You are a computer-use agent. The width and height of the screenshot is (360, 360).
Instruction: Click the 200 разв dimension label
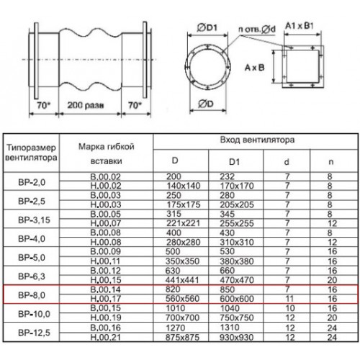coord(86,105)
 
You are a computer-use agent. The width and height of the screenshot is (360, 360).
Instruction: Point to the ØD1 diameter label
coord(207,28)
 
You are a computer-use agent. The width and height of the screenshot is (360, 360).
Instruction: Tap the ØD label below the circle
coord(206,104)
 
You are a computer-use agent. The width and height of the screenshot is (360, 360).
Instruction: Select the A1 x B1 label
coord(300,26)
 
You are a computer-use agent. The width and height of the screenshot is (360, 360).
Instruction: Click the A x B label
coord(254,68)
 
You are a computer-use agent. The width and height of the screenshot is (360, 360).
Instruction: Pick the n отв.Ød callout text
coord(257,30)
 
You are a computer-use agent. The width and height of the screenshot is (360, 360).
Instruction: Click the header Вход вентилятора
coord(257,140)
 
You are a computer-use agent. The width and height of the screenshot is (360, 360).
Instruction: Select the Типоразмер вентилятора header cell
coord(31,153)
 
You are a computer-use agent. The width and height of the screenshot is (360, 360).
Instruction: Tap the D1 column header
coord(234,162)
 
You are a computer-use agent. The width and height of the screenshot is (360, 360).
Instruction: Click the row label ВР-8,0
coord(32,295)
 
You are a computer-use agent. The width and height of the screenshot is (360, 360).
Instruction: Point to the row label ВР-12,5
coord(34,333)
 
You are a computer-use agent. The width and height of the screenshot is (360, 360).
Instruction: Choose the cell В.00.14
coord(106,289)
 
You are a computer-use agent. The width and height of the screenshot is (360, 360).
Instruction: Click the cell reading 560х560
coord(182,299)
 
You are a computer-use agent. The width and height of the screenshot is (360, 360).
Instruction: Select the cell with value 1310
coord(230,328)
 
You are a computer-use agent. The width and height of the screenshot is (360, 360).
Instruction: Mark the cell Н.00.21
coord(106,337)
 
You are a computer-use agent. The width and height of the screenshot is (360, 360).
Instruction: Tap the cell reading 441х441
coord(182,280)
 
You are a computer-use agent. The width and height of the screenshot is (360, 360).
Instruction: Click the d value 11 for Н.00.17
coord(289,299)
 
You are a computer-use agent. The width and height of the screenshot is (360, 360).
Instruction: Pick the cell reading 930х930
coord(237,337)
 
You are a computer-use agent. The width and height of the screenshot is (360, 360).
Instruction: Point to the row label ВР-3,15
coord(34,220)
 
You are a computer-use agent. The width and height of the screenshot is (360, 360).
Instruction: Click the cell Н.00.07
coord(106,223)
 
